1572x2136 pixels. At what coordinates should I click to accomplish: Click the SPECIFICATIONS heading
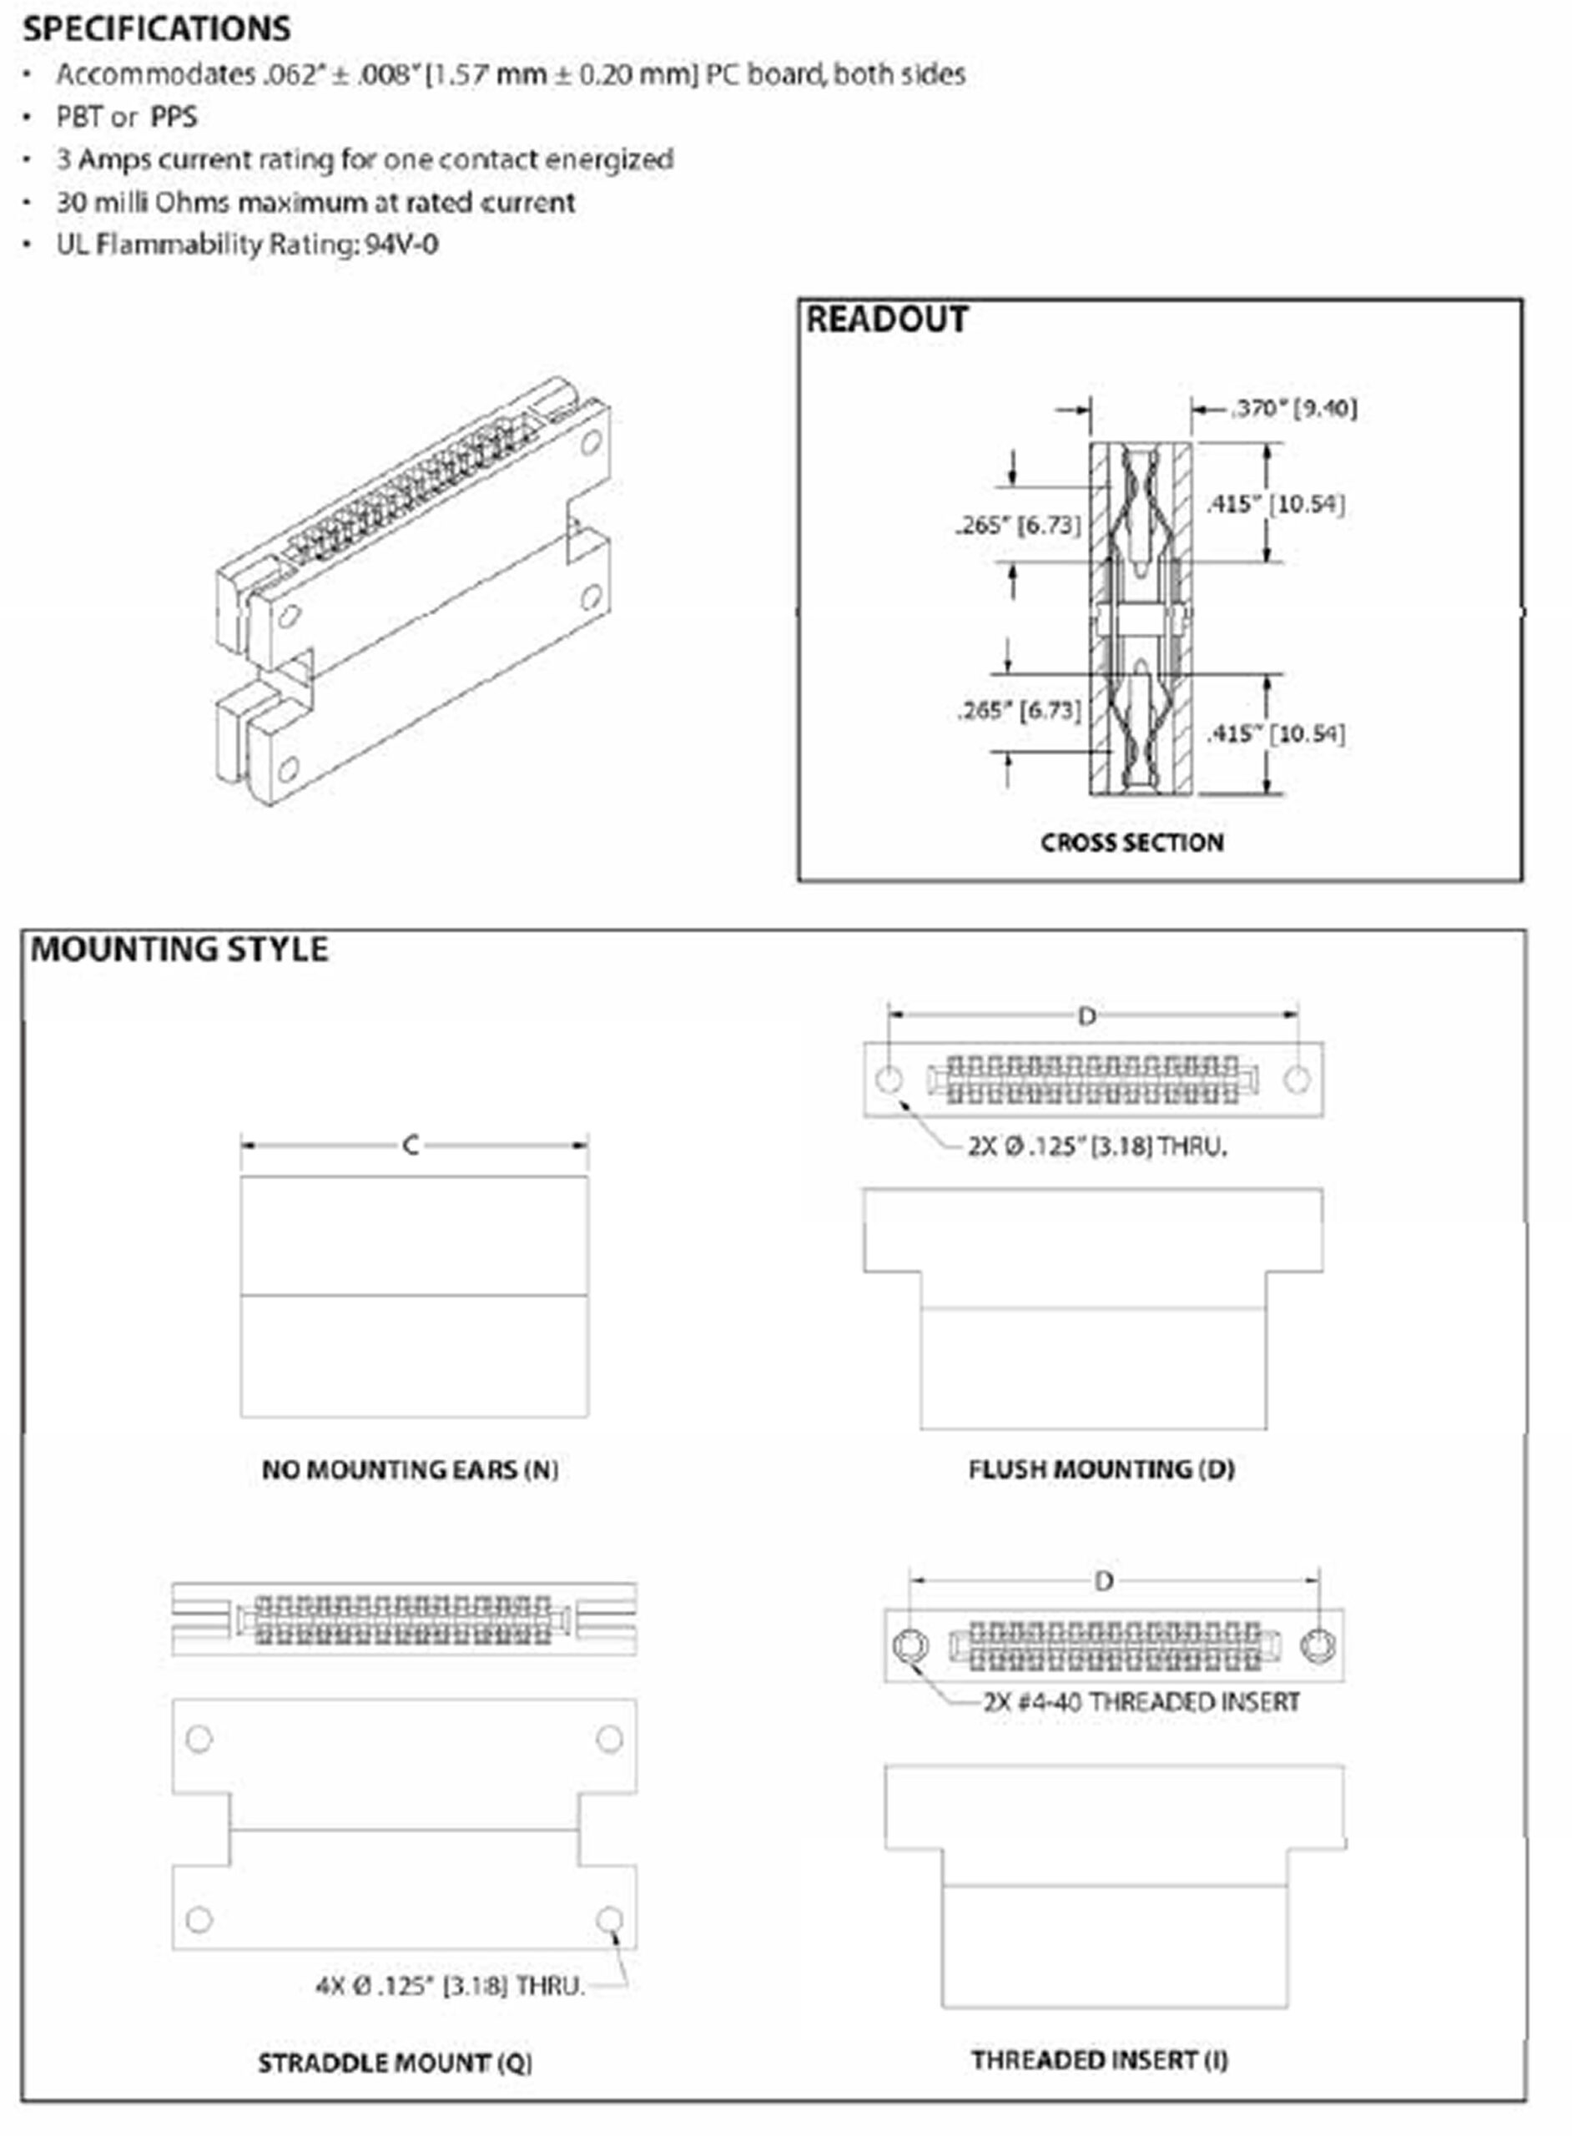coord(157,28)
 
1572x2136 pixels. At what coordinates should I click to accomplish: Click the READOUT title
coord(887,319)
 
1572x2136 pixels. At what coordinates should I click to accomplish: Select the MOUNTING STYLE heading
coord(180,949)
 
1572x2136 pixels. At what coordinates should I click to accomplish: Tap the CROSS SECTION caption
coord(1131,842)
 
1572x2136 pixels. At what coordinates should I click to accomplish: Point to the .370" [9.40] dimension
coord(1295,408)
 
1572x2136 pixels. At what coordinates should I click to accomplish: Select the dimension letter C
coord(411,1145)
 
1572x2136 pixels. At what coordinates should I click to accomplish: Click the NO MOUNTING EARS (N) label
coord(411,1470)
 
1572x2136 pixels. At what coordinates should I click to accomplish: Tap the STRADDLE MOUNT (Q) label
coord(395,2063)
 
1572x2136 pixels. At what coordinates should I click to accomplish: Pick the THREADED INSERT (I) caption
coord(1099,2060)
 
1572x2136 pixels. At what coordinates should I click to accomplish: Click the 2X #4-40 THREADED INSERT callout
coord(1141,1701)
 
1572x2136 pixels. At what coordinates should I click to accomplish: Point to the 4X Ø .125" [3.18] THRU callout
coord(449,1986)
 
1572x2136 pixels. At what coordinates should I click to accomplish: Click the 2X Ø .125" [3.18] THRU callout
coord(1097,1146)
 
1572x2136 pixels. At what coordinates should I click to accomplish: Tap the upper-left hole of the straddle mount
coord(199,1738)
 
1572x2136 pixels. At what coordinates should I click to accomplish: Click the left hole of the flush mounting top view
coord(889,1079)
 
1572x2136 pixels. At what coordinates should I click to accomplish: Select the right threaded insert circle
coord(1319,1645)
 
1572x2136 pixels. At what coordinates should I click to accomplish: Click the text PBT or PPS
coord(127,117)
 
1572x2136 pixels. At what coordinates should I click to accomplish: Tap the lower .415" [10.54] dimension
coord(1275,733)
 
